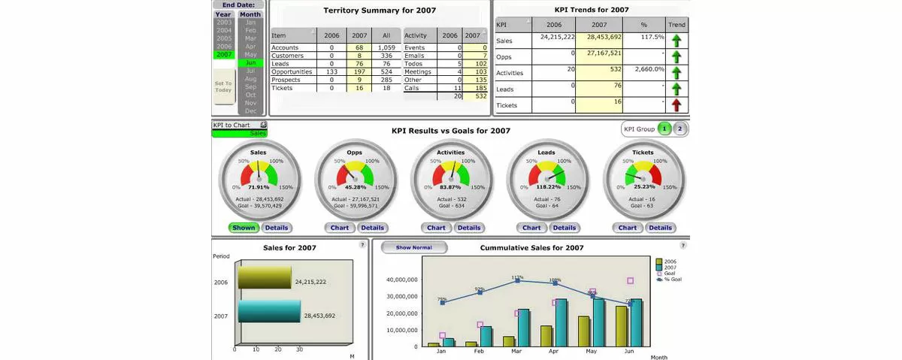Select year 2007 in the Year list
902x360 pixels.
(x=224, y=55)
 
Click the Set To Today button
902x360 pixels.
(x=224, y=86)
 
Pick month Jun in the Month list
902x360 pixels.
(x=250, y=63)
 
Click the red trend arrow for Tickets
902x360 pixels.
(x=676, y=105)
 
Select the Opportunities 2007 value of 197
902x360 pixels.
(x=359, y=72)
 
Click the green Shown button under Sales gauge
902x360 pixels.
(x=244, y=228)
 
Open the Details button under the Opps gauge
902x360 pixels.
(x=372, y=228)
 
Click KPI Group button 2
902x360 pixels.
(x=679, y=129)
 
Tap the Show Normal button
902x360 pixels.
(x=414, y=247)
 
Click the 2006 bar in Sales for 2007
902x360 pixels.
(x=265, y=277)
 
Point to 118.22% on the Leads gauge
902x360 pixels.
(x=546, y=186)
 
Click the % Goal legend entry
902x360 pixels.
(x=670, y=280)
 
